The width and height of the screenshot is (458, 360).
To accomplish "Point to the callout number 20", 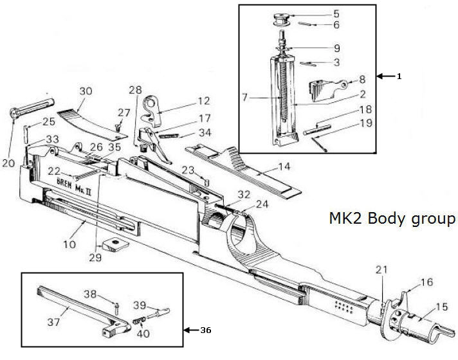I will pyautogui.click(x=9, y=163).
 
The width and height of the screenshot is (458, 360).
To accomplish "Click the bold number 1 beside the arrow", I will pyautogui.click(x=399, y=76).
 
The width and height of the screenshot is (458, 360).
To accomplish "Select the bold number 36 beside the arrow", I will pyautogui.click(x=206, y=330).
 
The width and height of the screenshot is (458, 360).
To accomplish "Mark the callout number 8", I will pyautogui.click(x=362, y=79).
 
